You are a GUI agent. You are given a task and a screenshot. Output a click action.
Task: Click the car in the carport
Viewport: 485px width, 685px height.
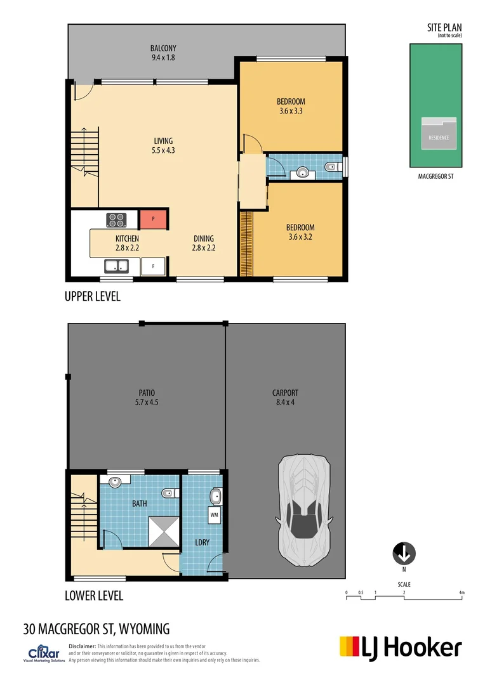click(303, 512)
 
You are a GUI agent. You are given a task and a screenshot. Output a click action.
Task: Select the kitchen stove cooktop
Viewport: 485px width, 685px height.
click(117, 219)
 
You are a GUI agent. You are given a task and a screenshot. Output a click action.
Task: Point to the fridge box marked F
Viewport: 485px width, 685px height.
click(153, 266)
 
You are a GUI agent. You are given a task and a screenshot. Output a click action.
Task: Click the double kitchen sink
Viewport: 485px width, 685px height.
click(117, 266)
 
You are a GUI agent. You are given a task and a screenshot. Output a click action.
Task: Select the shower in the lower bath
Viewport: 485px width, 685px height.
click(163, 530)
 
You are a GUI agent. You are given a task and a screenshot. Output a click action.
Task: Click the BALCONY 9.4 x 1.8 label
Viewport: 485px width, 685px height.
click(163, 53)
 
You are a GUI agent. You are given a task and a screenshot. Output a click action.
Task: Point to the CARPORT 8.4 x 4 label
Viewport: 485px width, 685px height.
click(285, 398)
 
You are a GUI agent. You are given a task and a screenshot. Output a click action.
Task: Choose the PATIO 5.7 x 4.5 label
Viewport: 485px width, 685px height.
click(146, 398)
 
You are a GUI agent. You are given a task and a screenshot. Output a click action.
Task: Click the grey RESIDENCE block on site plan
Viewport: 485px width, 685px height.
click(438, 134)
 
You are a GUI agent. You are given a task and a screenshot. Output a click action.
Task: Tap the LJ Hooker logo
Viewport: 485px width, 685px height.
click(401, 648)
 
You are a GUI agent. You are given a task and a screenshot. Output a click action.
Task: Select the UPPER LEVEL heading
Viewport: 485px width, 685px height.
click(92, 296)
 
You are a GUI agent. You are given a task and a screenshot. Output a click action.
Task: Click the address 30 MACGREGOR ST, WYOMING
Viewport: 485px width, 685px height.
click(96, 629)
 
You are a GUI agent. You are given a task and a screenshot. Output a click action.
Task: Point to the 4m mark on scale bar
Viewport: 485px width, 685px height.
click(462, 593)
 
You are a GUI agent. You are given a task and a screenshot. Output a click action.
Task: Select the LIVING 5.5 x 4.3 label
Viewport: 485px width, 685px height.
click(163, 146)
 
